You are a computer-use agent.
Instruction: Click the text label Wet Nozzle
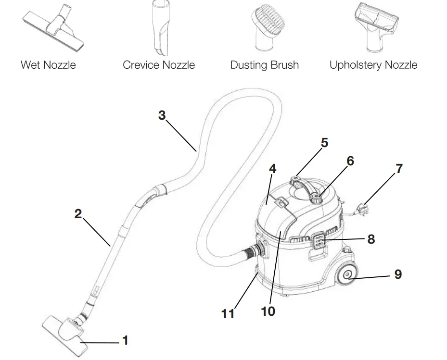click(48, 65)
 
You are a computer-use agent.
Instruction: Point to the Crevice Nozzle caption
click(159, 65)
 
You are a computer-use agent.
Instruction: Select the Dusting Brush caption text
click(265, 65)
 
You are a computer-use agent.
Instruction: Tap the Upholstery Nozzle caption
click(373, 65)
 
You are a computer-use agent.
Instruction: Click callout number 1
click(126, 340)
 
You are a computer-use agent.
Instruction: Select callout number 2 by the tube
click(78, 214)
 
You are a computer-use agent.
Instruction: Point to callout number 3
click(162, 115)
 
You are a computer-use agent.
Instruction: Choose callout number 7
click(399, 169)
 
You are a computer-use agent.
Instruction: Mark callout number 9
click(397, 274)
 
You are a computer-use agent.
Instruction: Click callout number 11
click(228, 313)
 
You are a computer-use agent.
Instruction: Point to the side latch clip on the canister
click(318, 240)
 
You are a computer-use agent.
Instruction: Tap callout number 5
click(324, 143)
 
